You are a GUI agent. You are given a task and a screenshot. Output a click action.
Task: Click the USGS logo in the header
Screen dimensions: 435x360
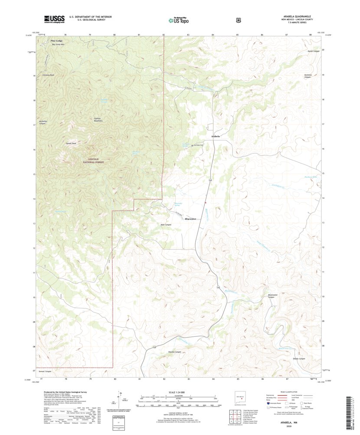pyautogui.click(x=54, y=19)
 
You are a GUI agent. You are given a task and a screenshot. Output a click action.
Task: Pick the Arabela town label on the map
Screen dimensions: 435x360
pyautogui.click(x=215, y=136)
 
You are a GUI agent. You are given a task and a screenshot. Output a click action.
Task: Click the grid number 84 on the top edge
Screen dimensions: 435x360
pyautogui.click(x=213, y=34)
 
